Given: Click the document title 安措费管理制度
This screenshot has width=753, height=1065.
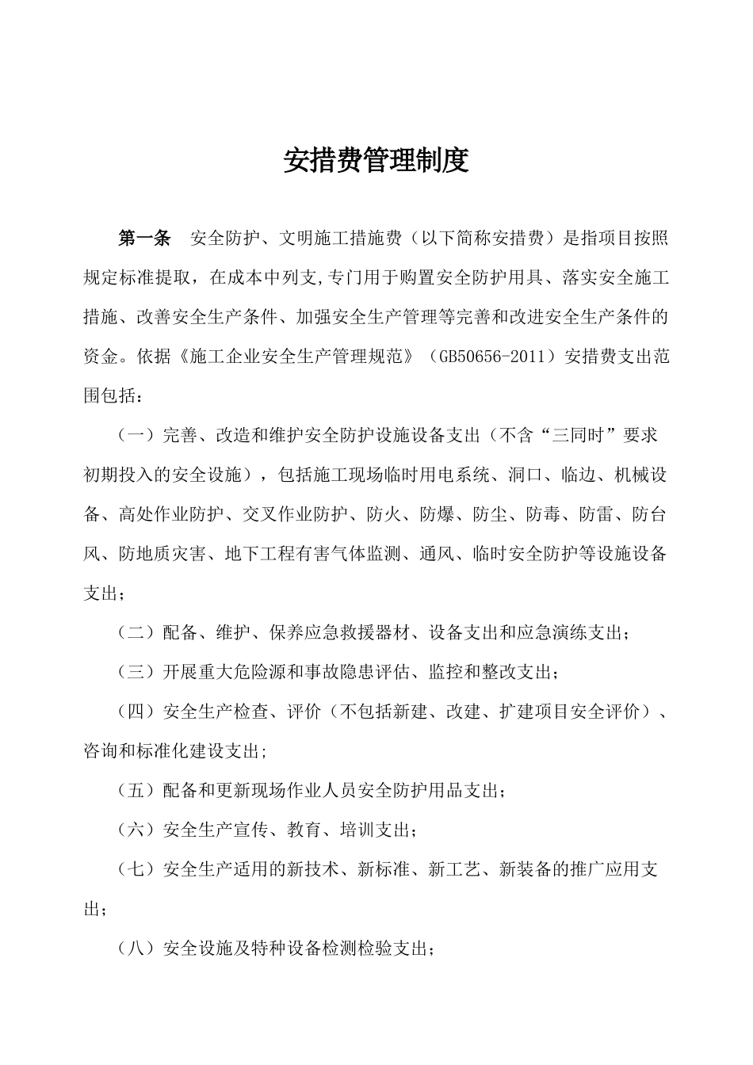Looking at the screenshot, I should [x=376, y=161].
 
